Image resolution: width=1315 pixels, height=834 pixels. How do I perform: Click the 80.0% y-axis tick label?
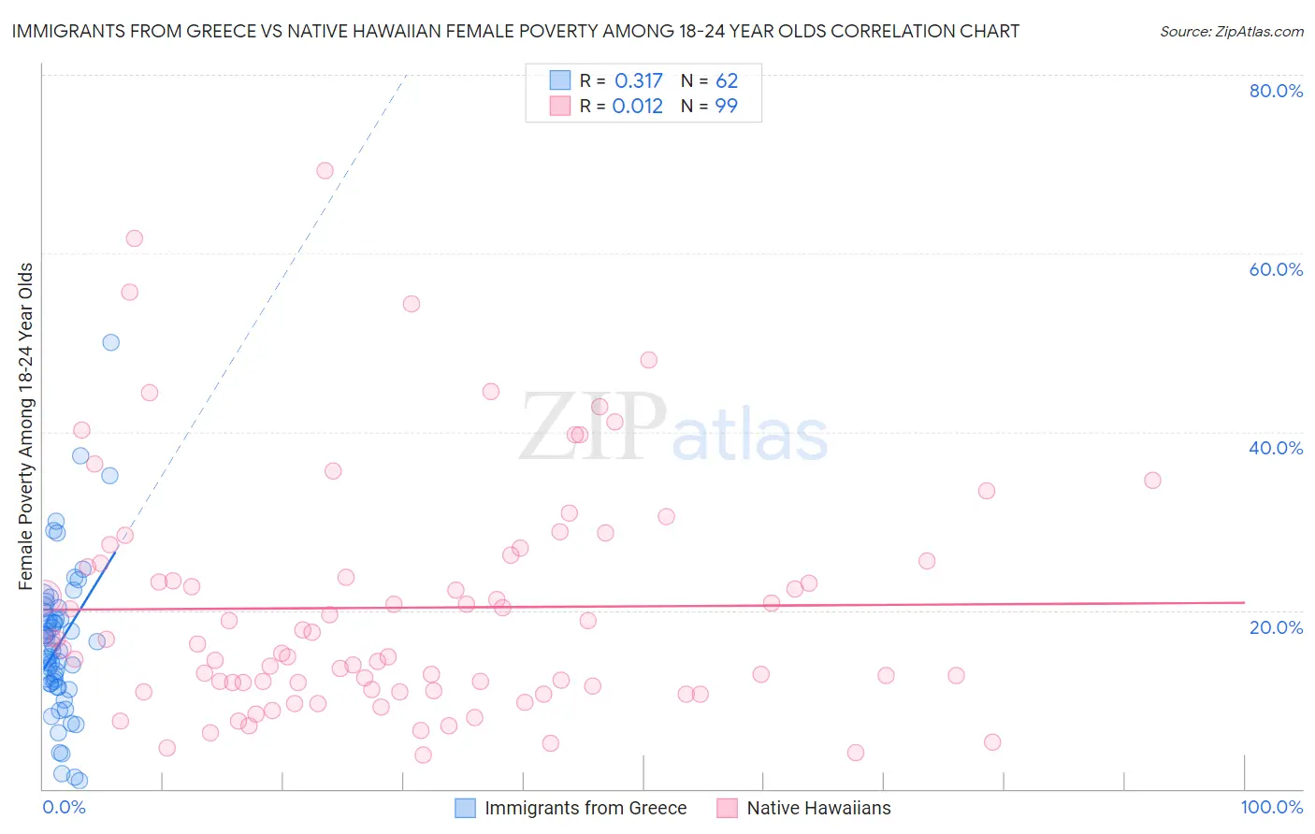coord(1276,91)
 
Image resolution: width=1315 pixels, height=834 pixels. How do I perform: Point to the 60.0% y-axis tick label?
coord(1276,269)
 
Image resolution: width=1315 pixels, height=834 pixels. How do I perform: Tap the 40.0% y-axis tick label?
coord(1276,448)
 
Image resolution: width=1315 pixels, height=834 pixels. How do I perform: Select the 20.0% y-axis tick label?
coord(1276,626)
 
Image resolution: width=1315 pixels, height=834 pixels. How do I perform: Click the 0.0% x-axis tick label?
coord(64,807)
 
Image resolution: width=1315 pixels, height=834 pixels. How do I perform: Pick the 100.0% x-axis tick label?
coord(1272,807)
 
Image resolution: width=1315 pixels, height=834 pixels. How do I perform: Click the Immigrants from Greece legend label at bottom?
coord(585,808)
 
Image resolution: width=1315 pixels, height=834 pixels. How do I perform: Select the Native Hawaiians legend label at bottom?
coord(818,808)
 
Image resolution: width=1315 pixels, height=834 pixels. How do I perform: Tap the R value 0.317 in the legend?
coord(638,81)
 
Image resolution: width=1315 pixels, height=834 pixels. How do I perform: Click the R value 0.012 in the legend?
coord(637,107)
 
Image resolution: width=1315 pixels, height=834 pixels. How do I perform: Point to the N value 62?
coord(727,81)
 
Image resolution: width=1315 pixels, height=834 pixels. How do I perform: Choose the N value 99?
coord(727,107)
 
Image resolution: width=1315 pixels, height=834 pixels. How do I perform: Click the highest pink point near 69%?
coord(325,170)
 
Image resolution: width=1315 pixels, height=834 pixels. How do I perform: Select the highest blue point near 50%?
coord(111,342)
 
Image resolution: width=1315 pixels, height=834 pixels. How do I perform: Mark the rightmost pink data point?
coord(1152,480)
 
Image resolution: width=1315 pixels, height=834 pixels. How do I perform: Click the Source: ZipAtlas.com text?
coord(1232,32)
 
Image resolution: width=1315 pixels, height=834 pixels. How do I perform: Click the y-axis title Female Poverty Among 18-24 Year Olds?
coord(26,426)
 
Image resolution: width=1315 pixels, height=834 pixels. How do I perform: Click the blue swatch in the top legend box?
coord(560,81)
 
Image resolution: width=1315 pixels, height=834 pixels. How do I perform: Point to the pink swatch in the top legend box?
coord(560,107)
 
